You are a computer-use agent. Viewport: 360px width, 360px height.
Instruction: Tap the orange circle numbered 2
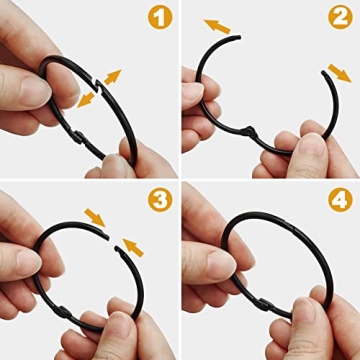(341, 17)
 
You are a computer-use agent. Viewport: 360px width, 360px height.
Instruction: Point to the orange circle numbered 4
(341, 199)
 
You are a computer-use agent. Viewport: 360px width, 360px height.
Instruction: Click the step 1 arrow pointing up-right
(112, 76)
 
